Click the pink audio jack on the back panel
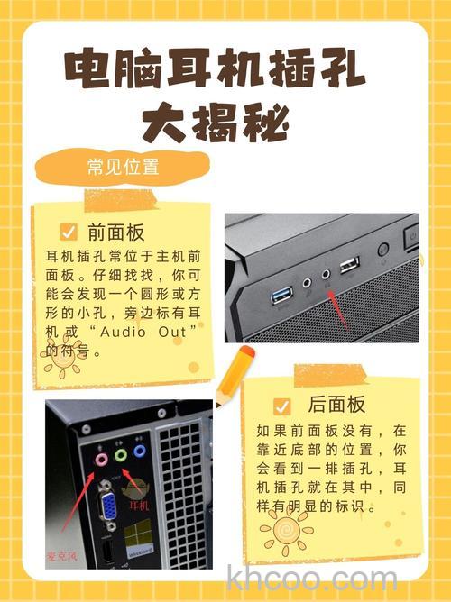[x=101, y=457]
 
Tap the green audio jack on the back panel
[x=121, y=455]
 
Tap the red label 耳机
[x=139, y=506]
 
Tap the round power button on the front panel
[x=382, y=249]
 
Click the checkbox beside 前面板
[x=68, y=231]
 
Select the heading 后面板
[x=336, y=405]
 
